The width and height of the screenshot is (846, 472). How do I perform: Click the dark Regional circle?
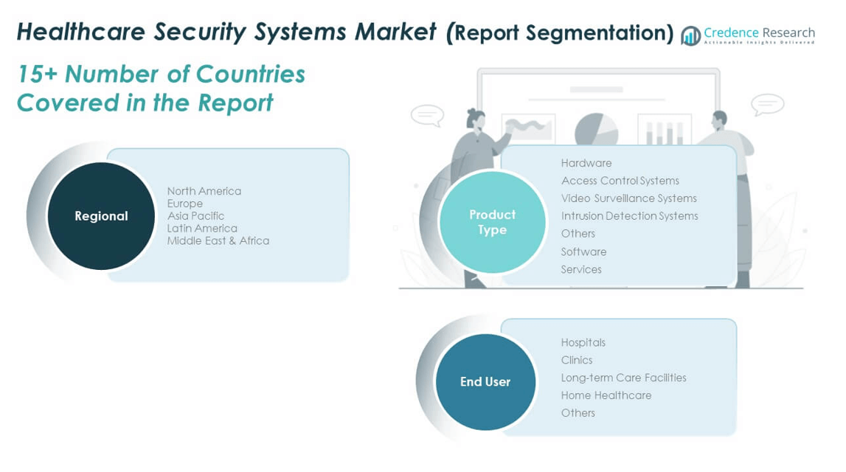(101, 216)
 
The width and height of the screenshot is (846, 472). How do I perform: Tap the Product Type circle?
(492, 222)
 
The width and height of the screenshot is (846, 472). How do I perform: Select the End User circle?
(485, 381)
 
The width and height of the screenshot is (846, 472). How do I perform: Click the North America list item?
(204, 191)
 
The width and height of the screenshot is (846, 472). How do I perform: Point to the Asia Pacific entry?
(195, 216)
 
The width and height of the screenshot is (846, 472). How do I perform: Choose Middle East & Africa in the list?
(218, 240)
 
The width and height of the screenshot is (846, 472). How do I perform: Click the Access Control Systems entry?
(620, 181)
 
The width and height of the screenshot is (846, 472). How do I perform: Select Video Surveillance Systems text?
(628, 198)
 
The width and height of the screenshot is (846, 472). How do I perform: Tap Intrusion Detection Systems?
(629, 216)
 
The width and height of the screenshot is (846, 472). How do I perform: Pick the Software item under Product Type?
(583, 251)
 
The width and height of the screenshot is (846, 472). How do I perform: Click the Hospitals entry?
(583, 342)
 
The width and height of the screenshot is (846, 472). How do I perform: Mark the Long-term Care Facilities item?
(623, 378)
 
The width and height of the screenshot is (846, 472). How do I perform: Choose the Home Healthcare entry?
(606, 395)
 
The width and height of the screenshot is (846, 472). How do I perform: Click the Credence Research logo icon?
(690, 35)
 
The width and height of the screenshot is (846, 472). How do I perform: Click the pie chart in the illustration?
(596, 131)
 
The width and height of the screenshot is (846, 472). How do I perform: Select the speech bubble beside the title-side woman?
(427, 115)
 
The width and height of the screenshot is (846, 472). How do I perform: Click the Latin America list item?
(201, 229)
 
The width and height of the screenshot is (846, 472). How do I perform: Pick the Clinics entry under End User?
(576, 360)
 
